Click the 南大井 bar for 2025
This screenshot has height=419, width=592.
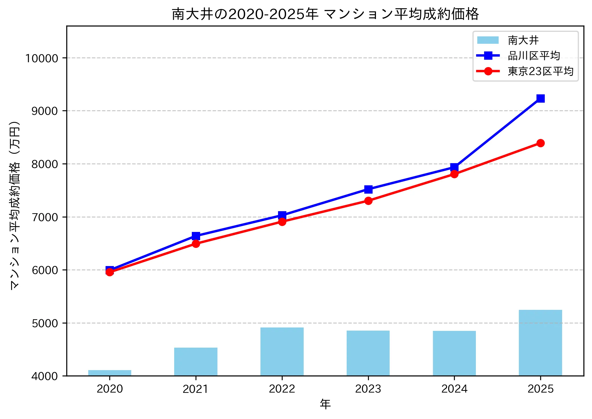click(540, 343)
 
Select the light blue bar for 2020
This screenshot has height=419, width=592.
click(110, 373)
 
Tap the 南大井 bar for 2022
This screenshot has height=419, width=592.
click(282, 352)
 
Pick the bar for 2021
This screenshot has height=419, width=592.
click(196, 362)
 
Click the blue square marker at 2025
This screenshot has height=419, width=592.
click(540, 98)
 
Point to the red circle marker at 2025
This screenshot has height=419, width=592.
click(540, 143)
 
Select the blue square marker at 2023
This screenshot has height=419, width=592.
click(368, 189)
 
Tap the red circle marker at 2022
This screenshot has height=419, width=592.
click(282, 222)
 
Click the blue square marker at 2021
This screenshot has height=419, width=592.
click(196, 236)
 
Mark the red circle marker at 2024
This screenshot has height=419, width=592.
click(454, 174)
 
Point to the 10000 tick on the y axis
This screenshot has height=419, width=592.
click(42, 58)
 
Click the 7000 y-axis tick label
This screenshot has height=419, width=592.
click(45, 217)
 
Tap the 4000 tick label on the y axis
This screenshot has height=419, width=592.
click(45, 376)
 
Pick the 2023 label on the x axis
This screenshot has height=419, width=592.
click(368, 389)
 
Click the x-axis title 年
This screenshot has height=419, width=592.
click(325, 404)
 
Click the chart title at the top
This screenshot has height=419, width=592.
click(325, 14)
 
